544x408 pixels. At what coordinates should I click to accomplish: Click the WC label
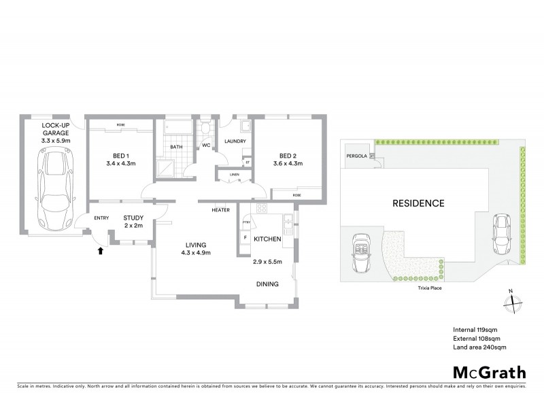click(205, 146)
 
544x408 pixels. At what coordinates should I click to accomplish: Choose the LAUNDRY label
click(235, 141)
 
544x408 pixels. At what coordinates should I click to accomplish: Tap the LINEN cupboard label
click(235, 175)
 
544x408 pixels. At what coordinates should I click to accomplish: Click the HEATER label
click(220, 209)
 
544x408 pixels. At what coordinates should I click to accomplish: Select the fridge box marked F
click(245, 239)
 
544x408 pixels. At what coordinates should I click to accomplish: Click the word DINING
click(267, 285)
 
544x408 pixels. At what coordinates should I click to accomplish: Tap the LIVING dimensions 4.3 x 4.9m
click(194, 253)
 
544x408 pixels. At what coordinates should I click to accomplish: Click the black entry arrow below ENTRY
click(101, 250)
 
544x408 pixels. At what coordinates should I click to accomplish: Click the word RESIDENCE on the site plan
click(418, 203)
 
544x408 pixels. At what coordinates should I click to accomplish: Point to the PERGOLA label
click(356, 156)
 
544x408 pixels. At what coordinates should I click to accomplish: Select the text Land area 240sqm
click(479, 347)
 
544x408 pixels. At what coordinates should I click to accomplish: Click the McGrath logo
click(488, 373)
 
